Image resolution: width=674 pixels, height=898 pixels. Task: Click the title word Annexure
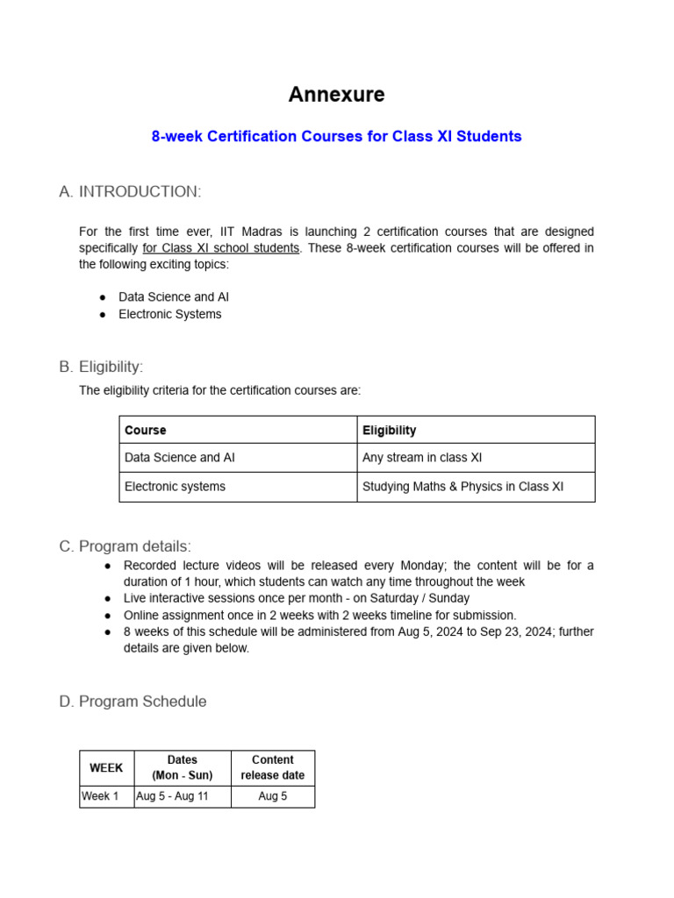[337, 94]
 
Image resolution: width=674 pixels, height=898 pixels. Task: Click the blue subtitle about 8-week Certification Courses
[337, 136]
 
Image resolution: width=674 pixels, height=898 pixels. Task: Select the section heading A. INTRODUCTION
[130, 191]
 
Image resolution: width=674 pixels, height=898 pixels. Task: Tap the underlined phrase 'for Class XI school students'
[220, 248]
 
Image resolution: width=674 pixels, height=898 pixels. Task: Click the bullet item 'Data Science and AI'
[174, 296]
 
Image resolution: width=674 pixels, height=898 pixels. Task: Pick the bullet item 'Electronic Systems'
[170, 314]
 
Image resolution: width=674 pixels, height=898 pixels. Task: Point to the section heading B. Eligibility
[101, 367]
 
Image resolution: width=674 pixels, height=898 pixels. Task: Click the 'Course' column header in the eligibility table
[146, 431]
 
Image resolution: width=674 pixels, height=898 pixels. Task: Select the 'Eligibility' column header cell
[389, 431]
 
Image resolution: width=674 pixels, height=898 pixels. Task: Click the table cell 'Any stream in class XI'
[422, 458]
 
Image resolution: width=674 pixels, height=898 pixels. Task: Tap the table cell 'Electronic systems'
[175, 487]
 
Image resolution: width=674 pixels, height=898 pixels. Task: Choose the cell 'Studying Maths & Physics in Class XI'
[462, 487]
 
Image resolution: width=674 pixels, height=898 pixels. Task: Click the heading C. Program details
[125, 546]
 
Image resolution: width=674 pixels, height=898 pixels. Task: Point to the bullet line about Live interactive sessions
[297, 598]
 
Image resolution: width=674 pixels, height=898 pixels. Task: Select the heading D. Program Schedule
[133, 702]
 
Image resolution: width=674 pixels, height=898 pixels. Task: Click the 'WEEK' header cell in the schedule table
[106, 767]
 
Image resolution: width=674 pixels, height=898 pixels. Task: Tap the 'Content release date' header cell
[273, 767]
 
